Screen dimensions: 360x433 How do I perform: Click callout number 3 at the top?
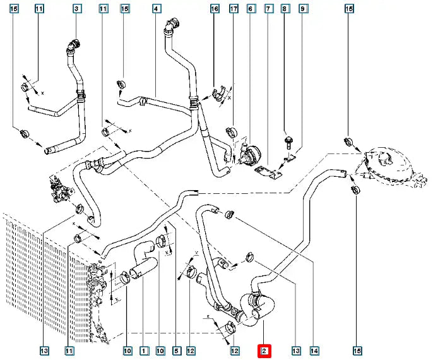76,9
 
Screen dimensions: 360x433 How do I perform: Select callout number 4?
156,9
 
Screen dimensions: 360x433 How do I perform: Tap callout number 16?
215,9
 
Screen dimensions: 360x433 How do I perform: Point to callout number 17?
234,9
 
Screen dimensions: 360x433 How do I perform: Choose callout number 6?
251,9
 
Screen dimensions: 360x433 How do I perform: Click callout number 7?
268,9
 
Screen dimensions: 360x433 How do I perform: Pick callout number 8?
285,9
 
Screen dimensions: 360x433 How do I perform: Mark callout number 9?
303,9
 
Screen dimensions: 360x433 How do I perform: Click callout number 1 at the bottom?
143,350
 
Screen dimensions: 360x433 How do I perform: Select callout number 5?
177,350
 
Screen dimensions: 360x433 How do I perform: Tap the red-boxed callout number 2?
264,350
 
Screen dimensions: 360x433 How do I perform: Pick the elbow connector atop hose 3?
75,45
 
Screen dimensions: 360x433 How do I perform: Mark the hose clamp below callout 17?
230,133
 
